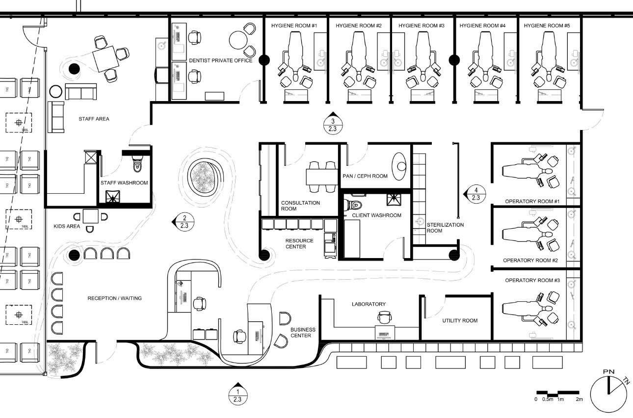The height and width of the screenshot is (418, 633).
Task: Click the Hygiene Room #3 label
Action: (x=421, y=25)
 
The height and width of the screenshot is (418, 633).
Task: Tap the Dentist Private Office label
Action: (x=220, y=60)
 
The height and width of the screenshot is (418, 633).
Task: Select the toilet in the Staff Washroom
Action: (x=138, y=163)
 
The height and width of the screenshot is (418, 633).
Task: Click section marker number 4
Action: (x=475, y=194)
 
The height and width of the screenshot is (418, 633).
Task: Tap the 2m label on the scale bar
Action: (x=579, y=400)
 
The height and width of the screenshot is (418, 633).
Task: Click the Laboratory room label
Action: (x=369, y=304)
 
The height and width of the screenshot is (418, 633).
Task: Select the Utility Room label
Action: (x=460, y=320)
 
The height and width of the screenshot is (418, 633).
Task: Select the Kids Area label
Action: (x=67, y=226)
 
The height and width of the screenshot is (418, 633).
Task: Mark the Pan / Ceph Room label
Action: (x=365, y=176)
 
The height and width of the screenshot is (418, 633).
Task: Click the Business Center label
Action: (x=303, y=333)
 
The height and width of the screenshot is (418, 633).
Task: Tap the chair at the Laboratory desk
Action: (x=384, y=317)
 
